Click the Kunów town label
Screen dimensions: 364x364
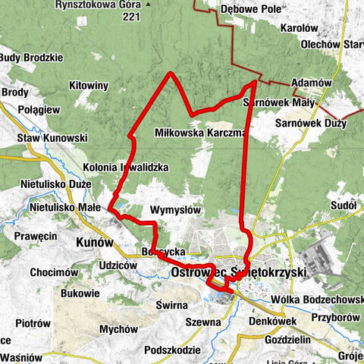[x=95, y=243]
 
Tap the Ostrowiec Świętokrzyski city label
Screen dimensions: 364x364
[x=237, y=271]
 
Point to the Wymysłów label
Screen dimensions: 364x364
[x=174, y=209]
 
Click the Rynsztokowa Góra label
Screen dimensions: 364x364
[x=104, y=4]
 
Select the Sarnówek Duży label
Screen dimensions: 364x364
[x=310, y=122]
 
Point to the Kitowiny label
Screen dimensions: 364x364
[x=89, y=86]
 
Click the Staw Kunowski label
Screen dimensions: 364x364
[x=53, y=139]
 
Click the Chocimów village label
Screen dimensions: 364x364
[x=52, y=271]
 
